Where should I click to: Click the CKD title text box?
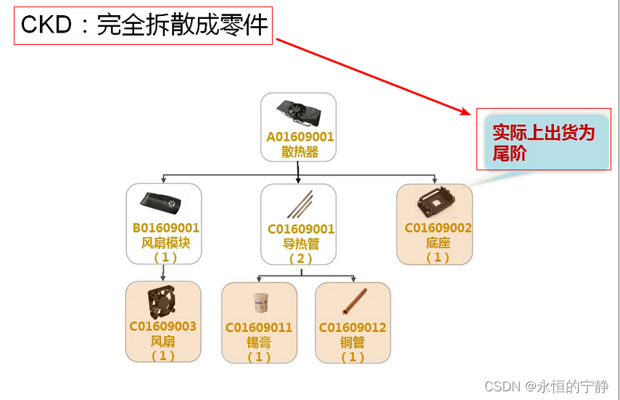click(144, 26)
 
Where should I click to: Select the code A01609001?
click(300, 137)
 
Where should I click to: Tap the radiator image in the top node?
click(298, 113)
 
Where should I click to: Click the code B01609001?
click(165, 228)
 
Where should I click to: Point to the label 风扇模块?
click(165, 243)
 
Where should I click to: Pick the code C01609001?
click(301, 230)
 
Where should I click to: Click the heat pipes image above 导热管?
click(299, 204)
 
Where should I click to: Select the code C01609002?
click(438, 228)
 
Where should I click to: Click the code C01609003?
click(163, 326)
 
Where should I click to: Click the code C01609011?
click(259, 328)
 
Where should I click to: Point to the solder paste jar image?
click(258, 302)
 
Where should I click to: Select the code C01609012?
click(352, 328)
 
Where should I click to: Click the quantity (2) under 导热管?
click(300, 259)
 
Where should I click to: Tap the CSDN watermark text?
click(546, 386)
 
